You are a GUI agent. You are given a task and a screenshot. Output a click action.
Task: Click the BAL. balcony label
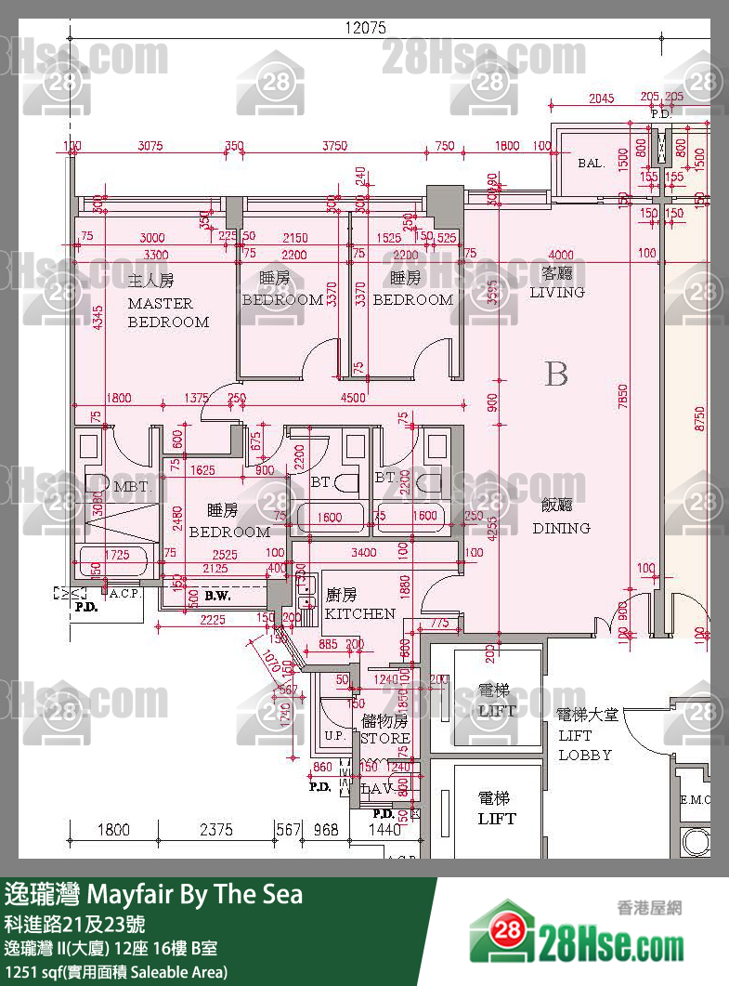591,163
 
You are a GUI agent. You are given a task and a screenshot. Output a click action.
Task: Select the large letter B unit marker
556,375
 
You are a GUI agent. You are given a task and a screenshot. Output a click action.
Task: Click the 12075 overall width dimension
365,28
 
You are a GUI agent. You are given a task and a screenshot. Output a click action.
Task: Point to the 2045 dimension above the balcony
602,98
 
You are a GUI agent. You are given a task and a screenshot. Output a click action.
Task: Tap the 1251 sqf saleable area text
116,972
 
